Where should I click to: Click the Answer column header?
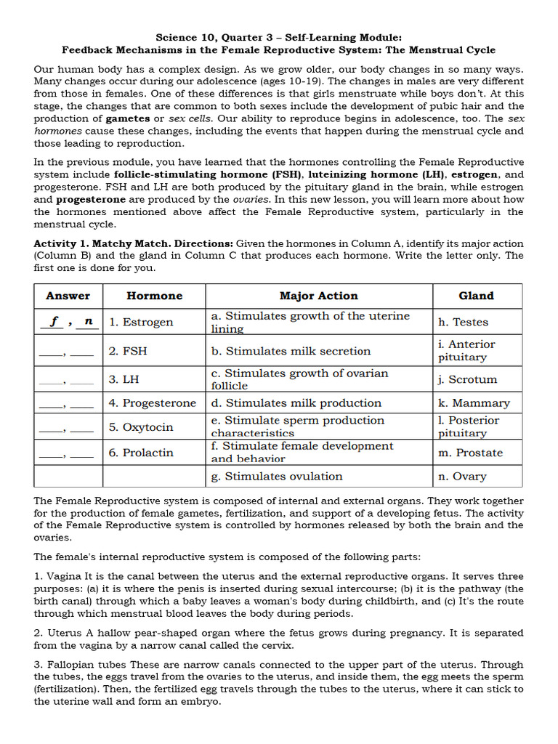coord(68,296)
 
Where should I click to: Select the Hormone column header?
coord(154,296)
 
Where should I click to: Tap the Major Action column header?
coord(318,296)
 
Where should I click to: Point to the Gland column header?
coord(476,296)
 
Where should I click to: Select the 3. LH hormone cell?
coord(124,379)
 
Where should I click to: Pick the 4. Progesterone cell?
coord(153,403)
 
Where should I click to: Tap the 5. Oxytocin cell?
coord(141,427)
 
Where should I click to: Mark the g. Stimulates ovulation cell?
coord(276,477)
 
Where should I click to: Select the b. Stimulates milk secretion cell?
coord(291,351)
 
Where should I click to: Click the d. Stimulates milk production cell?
coord(296,403)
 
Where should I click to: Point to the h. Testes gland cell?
coord(463,322)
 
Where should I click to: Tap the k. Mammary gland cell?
coord(474,403)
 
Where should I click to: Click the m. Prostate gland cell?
coord(470,453)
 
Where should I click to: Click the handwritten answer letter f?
coord(54,320)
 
